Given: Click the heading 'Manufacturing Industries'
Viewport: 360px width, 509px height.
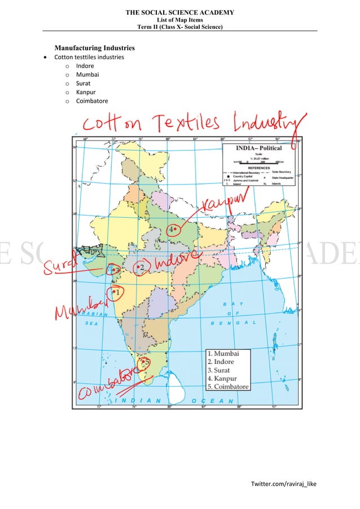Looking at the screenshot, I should (x=94, y=48).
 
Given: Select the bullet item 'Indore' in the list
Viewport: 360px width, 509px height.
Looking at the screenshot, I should (x=85, y=66).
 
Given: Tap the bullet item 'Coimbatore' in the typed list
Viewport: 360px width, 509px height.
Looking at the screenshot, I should (x=92, y=102).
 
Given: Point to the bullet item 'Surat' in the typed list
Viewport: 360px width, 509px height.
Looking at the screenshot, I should (x=84, y=84).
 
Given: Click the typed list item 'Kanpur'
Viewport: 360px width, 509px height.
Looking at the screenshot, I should (x=86, y=93).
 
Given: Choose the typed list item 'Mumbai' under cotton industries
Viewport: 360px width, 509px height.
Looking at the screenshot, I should (x=87, y=74).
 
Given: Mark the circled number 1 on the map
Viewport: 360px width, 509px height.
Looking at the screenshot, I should (x=115, y=292).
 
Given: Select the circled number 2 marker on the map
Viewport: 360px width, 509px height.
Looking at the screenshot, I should (x=141, y=267).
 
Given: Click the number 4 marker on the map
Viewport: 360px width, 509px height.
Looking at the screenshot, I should (x=172, y=230).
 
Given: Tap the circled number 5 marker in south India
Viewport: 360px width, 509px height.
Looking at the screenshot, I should (x=145, y=363).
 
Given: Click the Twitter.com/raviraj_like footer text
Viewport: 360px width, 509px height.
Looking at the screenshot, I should (x=284, y=484).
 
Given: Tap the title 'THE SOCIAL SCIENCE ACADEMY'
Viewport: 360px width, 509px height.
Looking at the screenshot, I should (x=179, y=12).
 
